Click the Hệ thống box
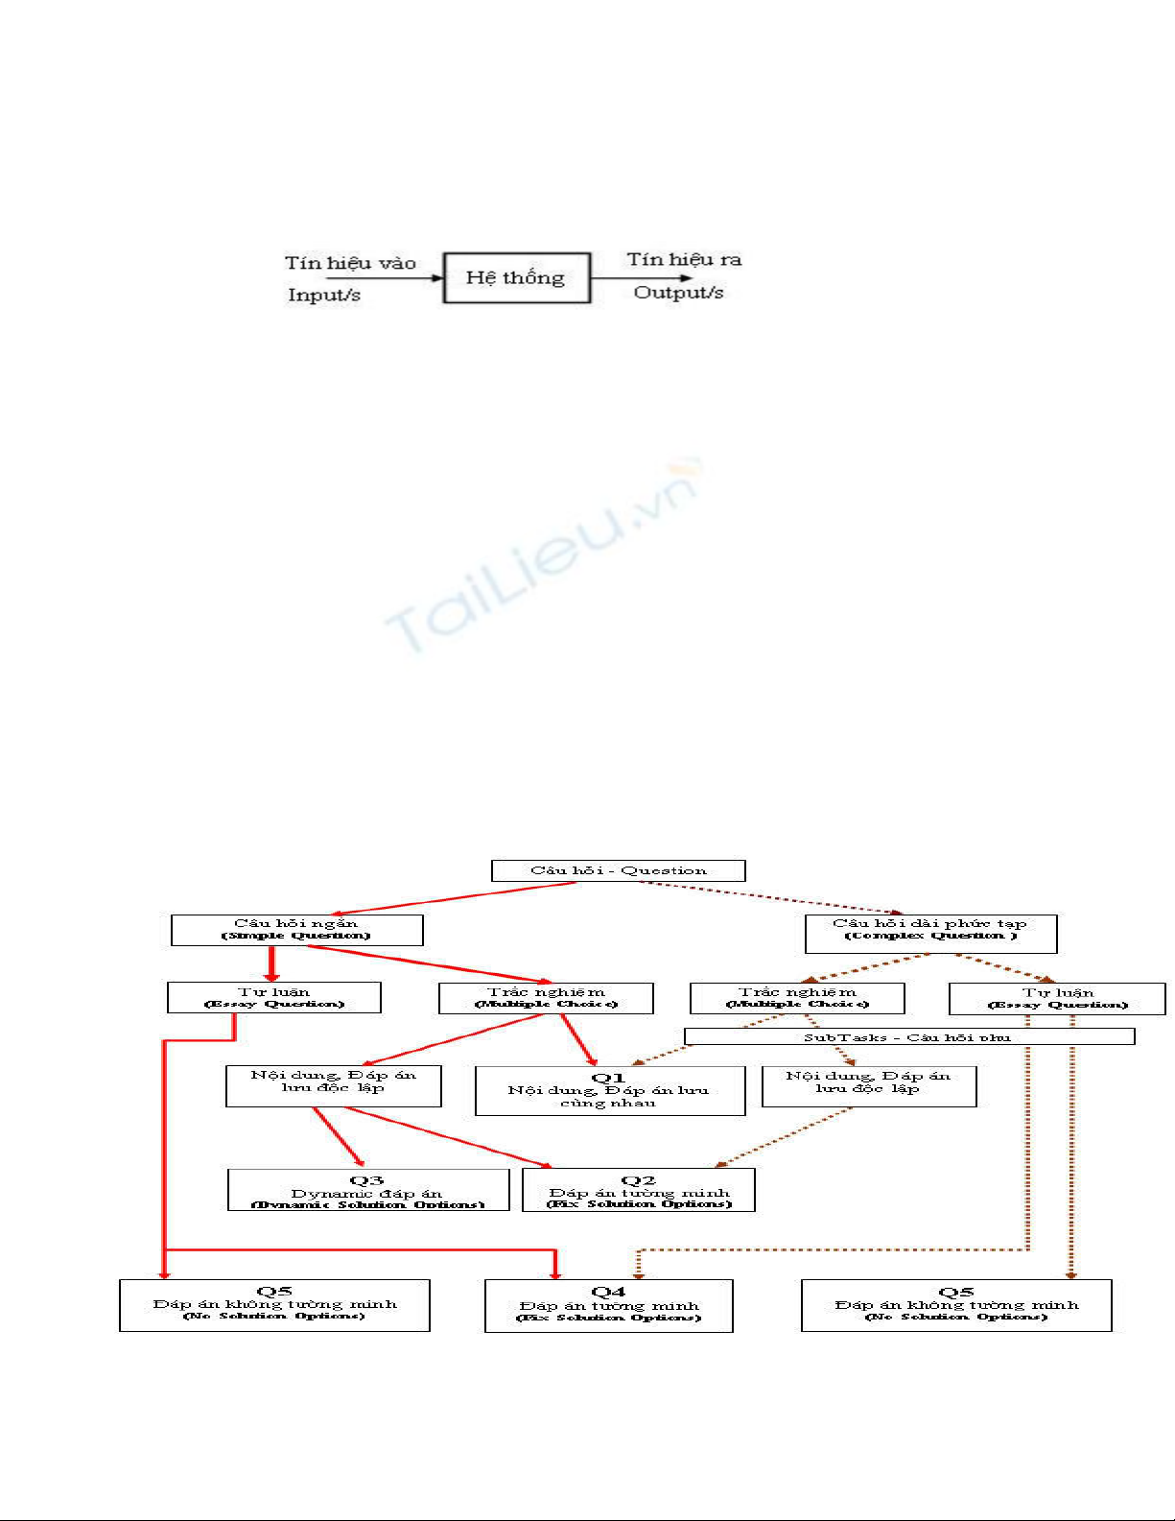tap(516, 278)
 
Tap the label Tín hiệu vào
tap(350, 263)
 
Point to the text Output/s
tap(678, 292)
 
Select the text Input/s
tap(324, 295)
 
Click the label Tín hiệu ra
tap(684, 259)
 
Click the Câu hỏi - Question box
tap(618, 870)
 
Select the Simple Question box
tap(296, 930)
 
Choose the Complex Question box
tap(930, 934)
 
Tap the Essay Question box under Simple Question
tap(273, 997)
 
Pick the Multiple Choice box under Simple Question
tap(546, 998)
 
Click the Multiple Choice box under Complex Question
tap(797, 998)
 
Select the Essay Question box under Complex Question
tap(1057, 998)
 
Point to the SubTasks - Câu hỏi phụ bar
tap(908, 1037)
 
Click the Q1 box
tap(609, 1091)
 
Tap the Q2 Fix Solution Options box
tap(638, 1190)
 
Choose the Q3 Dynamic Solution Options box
tap(367, 1190)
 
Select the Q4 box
tap(608, 1305)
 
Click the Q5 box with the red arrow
tap(274, 1305)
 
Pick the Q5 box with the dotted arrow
tap(956, 1305)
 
